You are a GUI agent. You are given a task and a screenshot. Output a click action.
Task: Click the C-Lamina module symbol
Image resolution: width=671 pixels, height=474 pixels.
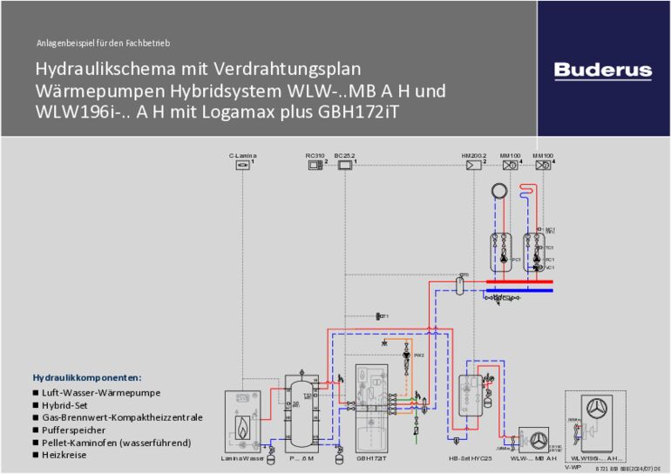pos(242,166)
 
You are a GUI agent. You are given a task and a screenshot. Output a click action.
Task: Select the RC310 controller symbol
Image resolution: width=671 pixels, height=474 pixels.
pos(315,166)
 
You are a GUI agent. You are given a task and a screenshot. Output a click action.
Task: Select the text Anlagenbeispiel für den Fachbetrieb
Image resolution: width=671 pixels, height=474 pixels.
pos(104,43)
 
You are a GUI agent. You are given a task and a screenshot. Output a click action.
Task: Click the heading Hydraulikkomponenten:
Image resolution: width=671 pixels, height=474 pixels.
pos(87,378)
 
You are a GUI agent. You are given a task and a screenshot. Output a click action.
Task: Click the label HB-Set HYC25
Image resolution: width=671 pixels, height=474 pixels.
pos(471,458)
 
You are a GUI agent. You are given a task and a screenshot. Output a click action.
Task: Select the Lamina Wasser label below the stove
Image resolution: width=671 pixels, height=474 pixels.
pos(242,458)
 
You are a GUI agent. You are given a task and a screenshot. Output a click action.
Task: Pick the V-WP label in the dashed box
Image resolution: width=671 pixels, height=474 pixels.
pos(572,466)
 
